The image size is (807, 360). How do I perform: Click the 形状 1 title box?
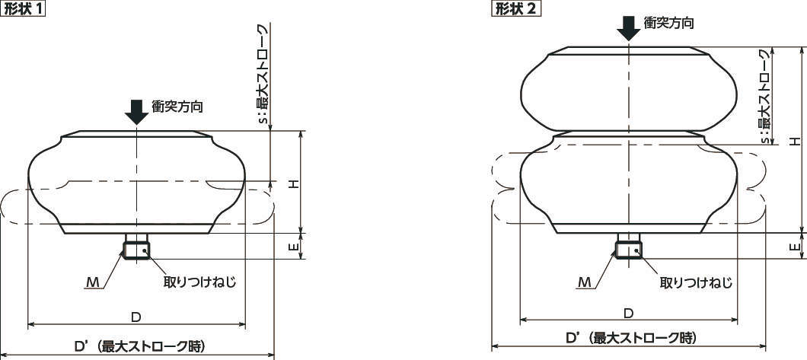(x=24, y=9)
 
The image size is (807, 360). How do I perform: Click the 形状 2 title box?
(x=515, y=9)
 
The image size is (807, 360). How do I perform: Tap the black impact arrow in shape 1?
(x=136, y=112)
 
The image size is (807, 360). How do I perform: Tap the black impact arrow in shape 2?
(x=628, y=28)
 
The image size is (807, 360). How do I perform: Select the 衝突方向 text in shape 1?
(x=177, y=107)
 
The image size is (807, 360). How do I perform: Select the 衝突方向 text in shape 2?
(x=668, y=23)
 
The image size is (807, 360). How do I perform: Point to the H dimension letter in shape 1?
(x=293, y=184)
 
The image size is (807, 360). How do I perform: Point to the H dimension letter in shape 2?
(x=796, y=141)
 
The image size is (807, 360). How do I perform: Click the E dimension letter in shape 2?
(x=796, y=247)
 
